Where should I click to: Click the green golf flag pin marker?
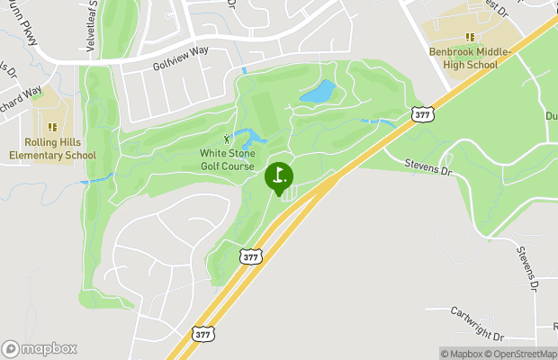click(x=279, y=175)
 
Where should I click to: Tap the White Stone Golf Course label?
click(x=227, y=159)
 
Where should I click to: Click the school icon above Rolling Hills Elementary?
click(x=52, y=127)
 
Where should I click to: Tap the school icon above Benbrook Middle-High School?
click(x=469, y=37)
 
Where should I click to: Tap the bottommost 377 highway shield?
click(x=203, y=332)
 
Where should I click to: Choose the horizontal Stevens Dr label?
click(x=426, y=166)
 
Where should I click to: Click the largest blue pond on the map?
click(x=318, y=92)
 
